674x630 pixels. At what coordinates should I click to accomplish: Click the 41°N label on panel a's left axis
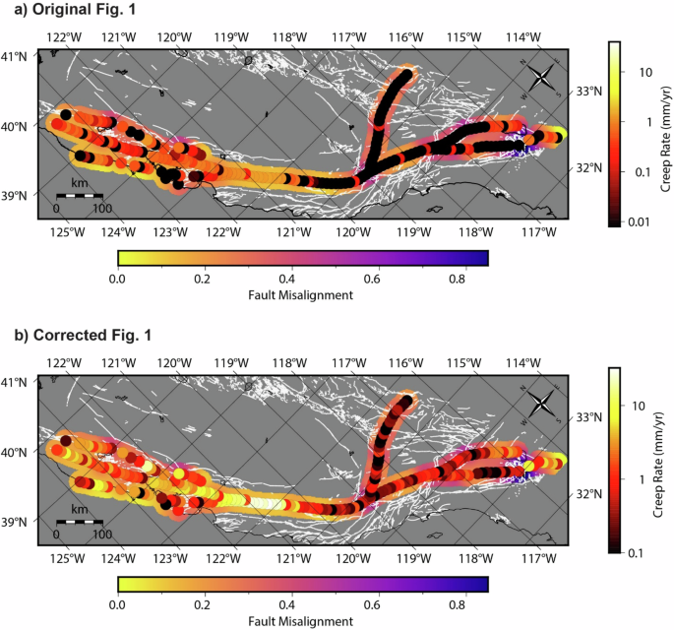[x=17, y=56]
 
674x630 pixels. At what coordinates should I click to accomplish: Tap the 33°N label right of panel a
[x=586, y=92]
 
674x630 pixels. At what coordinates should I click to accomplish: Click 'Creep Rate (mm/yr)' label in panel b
[x=660, y=456]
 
